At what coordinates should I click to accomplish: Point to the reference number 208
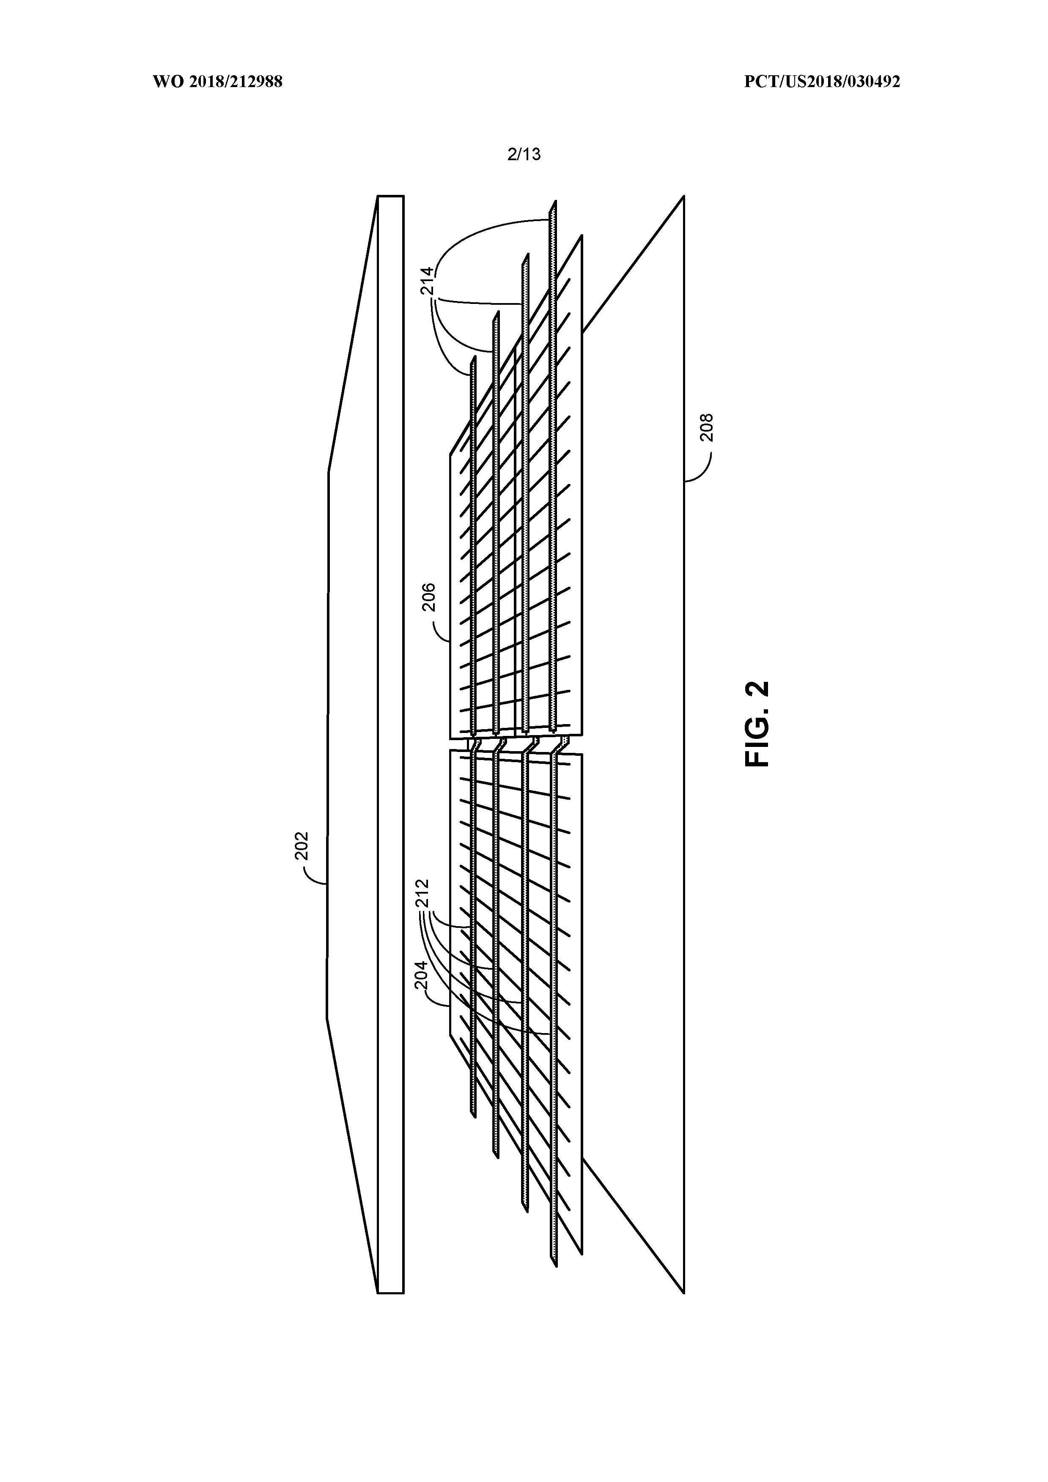coord(707,427)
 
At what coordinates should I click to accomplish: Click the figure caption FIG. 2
coord(757,724)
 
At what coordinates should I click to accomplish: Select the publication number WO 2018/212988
coord(218,82)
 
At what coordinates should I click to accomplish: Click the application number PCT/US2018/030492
coord(822,82)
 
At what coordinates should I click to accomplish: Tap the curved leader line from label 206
coord(441,629)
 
